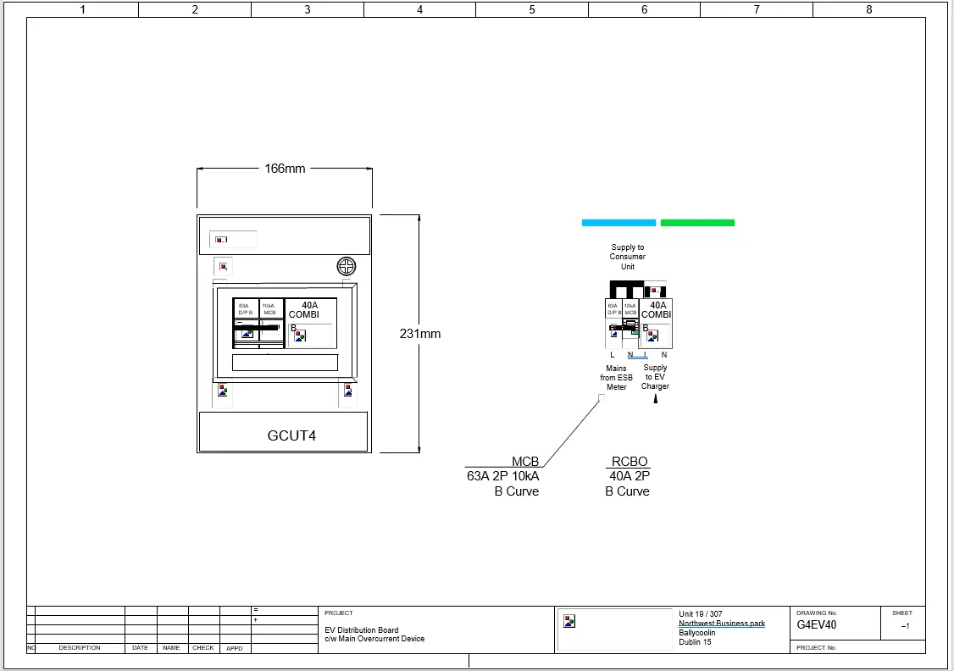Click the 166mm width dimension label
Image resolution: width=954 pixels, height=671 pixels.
click(x=285, y=169)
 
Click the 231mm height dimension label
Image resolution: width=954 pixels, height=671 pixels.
click(x=420, y=334)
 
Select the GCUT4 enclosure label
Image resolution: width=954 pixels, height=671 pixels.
click(x=291, y=436)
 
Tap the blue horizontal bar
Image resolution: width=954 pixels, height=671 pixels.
click(x=618, y=223)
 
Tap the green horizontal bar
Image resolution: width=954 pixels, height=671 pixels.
click(x=697, y=223)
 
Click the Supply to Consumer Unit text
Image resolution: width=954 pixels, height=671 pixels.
click(x=628, y=258)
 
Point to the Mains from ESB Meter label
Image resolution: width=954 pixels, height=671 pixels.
click(x=616, y=378)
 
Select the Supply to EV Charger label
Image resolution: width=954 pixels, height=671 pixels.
click(x=655, y=377)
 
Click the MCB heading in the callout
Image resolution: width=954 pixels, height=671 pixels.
click(x=525, y=462)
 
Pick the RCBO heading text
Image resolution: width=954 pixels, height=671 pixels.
click(x=630, y=462)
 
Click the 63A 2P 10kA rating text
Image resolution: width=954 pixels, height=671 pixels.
click(x=502, y=476)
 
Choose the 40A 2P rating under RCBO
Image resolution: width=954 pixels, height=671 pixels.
click(x=628, y=476)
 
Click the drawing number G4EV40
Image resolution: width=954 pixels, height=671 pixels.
click(x=817, y=625)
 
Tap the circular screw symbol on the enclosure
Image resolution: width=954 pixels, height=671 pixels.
click(x=347, y=266)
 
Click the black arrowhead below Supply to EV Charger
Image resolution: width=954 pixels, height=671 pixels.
click(x=655, y=399)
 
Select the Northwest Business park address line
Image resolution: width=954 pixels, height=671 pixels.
click(x=721, y=624)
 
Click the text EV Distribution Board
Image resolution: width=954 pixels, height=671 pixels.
click(x=362, y=630)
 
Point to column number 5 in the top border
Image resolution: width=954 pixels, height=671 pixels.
click(x=532, y=10)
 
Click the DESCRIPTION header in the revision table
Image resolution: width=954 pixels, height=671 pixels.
click(x=80, y=648)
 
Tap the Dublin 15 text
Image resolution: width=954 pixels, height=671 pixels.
click(x=695, y=642)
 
